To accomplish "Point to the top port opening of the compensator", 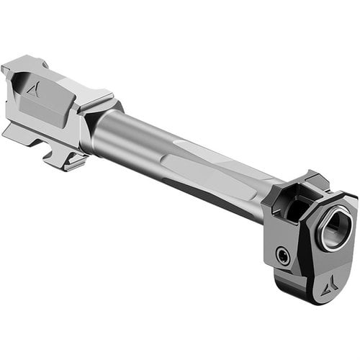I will [x=294, y=204].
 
